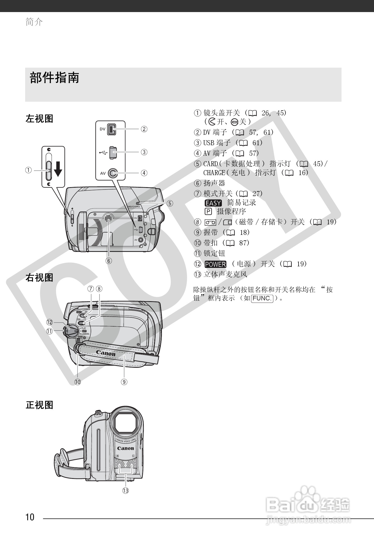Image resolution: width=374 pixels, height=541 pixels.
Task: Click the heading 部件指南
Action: click(x=54, y=78)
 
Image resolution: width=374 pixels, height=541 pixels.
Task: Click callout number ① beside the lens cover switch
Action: click(x=29, y=170)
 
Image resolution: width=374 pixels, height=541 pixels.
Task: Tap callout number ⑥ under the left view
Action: click(x=109, y=261)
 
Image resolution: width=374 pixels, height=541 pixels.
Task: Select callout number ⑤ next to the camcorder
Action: click(x=170, y=203)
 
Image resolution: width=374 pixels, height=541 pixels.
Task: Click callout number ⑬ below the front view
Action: click(x=125, y=490)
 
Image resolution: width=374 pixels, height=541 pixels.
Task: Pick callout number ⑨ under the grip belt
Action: click(x=124, y=382)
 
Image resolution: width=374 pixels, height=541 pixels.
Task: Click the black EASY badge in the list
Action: click(x=213, y=203)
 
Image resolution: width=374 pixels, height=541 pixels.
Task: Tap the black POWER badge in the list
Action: click(x=216, y=264)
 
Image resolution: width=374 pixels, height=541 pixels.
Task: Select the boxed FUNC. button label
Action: click(x=262, y=298)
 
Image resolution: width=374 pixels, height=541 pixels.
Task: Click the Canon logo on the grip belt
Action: click(x=106, y=353)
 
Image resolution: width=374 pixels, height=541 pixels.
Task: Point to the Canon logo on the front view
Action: click(x=125, y=448)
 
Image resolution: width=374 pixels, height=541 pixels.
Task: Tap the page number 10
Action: click(x=30, y=517)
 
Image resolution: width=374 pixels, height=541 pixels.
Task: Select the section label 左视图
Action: click(x=39, y=118)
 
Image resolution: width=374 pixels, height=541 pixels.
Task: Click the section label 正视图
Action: click(x=39, y=405)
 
